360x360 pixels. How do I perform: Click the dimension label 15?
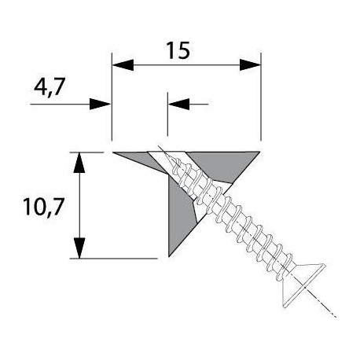pos(178,50)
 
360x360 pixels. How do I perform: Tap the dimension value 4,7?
pos(50,87)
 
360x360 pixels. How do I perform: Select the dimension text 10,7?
pos(43,207)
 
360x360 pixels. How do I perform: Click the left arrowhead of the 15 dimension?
pos(123,64)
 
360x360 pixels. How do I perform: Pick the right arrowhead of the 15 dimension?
pos(250,64)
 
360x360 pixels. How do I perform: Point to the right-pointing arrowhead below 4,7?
pos(100,104)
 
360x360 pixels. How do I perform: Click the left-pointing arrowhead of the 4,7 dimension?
pos(179,104)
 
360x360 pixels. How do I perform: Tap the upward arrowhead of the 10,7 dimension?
pos(79,163)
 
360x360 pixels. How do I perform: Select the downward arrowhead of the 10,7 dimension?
pos(79,248)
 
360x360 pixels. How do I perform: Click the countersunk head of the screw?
pos(304,285)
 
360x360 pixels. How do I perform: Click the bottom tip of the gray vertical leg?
pos(169,256)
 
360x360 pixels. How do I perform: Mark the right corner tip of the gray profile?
pos(259,152)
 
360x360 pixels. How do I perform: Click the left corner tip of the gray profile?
pos(113,152)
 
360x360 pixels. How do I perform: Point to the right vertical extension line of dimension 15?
pos(261,97)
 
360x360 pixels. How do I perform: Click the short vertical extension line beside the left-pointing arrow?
pos(167,114)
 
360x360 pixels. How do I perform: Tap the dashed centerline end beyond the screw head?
pos(336,317)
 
